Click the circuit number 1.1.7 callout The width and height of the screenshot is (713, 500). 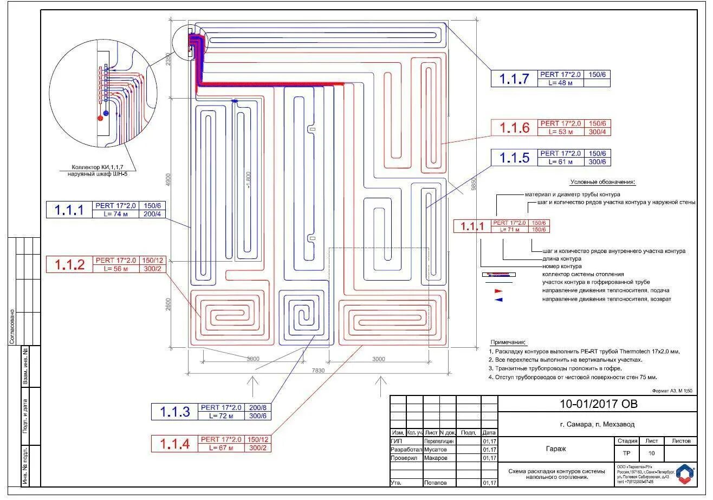[514, 79]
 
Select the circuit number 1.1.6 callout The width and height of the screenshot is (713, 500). [514, 128]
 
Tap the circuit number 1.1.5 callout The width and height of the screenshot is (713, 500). [514, 158]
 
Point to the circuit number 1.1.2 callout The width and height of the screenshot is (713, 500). [70, 264]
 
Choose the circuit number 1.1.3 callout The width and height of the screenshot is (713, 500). [175, 412]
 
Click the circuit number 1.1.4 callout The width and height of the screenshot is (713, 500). [175, 444]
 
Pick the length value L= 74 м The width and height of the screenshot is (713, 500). [116, 214]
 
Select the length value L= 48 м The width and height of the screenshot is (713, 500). [561, 83]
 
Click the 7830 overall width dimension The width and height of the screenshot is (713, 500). [318, 371]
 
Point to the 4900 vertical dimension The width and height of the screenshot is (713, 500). [168, 180]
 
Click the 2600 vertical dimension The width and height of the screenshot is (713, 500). [168, 304]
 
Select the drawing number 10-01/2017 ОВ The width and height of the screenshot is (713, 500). [598, 404]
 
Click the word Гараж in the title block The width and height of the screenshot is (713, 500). [555, 449]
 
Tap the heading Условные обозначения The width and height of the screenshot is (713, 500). [602, 183]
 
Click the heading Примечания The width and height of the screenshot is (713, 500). [508, 342]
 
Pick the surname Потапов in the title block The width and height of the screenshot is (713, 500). [436, 483]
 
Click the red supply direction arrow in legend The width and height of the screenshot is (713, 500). [498, 291]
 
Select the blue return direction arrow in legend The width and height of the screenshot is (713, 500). [498, 299]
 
